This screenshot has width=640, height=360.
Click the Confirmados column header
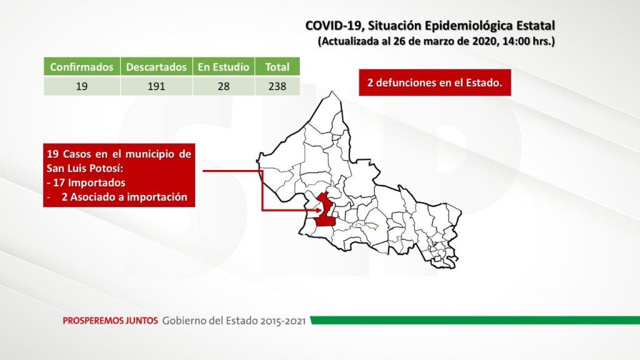(x=82, y=66)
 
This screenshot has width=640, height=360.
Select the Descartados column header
(x=156, y=66)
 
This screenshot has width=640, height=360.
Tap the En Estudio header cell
(x=224, y=66)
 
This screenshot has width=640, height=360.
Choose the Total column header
(x=277, y=66)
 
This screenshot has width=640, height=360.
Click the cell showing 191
(x=156, y=86)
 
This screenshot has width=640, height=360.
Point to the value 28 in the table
(x=224, y=86)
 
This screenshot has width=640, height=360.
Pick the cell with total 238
(x=277, y=86)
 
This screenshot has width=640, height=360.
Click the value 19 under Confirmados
(x=82, y=86)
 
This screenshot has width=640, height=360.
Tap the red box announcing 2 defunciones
(x=435, y=82)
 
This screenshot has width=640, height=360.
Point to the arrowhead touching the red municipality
(x=319, y=211)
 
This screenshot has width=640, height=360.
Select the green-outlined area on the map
(x=366, y=225)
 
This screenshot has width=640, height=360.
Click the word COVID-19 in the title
(x=334, y=26)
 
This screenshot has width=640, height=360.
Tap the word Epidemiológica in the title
(x=469, y=26)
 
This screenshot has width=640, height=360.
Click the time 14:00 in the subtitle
(x=515, y=41)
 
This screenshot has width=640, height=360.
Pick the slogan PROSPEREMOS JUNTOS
(x=110, y=321)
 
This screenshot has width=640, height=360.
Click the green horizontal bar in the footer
(x=475, y=320)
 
